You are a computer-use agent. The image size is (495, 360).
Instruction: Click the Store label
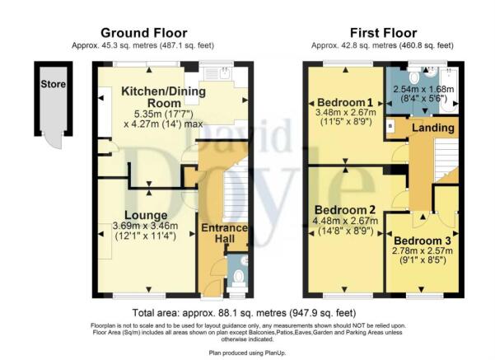pyautogui.click(x=53, y=84)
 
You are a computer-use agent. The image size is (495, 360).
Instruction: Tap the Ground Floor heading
pyautogui.click(x=144, y=33)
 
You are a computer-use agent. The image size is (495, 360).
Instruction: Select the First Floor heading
pyautogui.click(x=383, y=33)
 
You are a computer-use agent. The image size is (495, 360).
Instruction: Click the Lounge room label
pyautogui.click(x=146, y=215)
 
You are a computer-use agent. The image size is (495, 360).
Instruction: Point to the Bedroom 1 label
pyautogui.click(x=345, y=102)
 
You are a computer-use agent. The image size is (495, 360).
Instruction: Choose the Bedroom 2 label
pyautogui.click(x=345, y=210)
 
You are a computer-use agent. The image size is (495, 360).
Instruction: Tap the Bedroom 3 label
pyautogui.click(x=423, y=241)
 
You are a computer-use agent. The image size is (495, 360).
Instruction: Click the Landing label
pyautogui.click(x=433, y=128)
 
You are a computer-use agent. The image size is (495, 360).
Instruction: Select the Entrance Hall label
pyautogui.click(x=225, y=233)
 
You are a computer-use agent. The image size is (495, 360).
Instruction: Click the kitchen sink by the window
pyautogui.click(x=217, y=74)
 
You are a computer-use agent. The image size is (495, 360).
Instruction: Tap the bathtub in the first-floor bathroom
pyautogui.click(x=450, y=90)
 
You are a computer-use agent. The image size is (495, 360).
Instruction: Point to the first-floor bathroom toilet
pyautogui.click(x=413, y=76)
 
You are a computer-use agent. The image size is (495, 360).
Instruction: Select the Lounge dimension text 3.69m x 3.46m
pyautogui.click(x=145, y=226)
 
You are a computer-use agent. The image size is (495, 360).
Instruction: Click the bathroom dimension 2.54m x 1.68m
pyautogui.click(x=423, y=89)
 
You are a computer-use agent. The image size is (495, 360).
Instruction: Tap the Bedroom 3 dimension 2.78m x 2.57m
pyautogui.click(x=423, y=250)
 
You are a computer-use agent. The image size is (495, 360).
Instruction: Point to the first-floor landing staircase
pyautogui.click(x=446, y=161)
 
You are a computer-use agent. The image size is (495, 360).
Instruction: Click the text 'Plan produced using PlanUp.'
pyautogui.click(x=247, y=353)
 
